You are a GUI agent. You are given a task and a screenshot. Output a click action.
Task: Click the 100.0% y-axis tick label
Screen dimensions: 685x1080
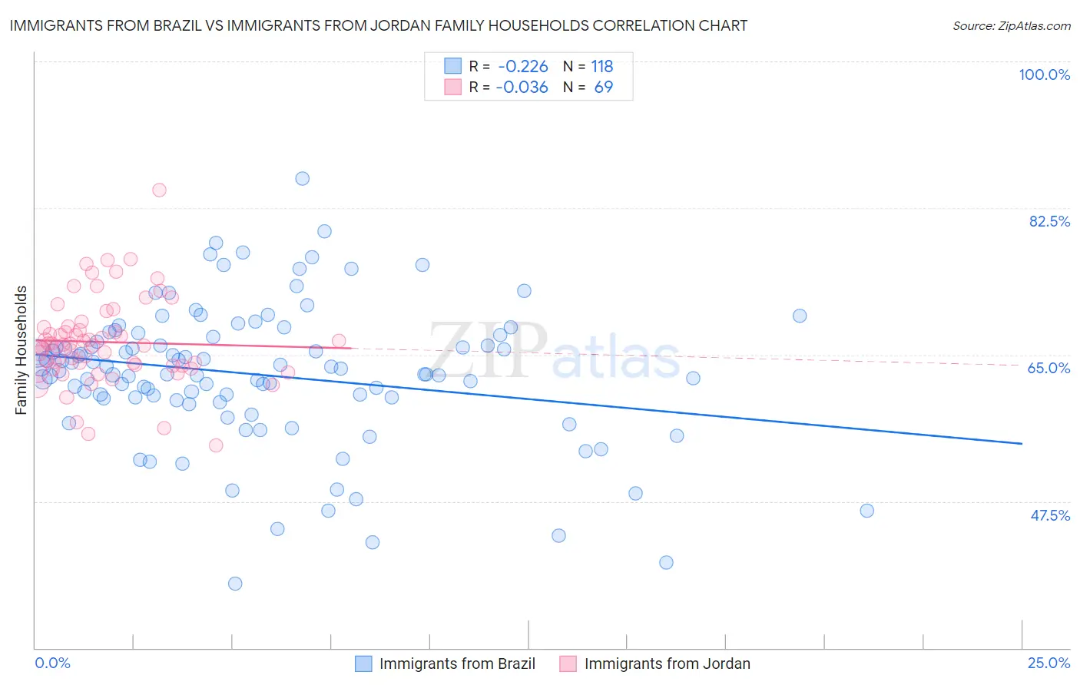(1044, 74)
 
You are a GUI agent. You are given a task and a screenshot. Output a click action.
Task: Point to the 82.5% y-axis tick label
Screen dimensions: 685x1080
(1049, 221)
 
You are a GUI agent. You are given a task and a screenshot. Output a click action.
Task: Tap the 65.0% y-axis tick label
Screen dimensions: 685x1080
(1049, 368)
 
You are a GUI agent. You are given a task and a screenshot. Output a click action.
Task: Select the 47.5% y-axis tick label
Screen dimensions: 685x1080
(1049, 515)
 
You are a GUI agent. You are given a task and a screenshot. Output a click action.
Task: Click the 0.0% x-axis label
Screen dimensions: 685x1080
(52, 663)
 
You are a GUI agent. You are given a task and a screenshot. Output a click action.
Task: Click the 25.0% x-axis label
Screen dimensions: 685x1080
(1049, 663)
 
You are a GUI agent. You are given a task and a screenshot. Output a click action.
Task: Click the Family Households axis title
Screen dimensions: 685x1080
(22, 350)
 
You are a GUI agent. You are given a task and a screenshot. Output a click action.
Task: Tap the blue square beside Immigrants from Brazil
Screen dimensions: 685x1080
(363, 663)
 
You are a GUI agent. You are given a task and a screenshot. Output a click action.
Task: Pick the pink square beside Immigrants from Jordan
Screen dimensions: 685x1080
(568, 663)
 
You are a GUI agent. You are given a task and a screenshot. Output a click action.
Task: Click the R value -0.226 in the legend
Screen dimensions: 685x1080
(522, 66)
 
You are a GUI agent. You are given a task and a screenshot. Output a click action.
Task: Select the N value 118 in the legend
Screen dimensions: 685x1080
(602, 66)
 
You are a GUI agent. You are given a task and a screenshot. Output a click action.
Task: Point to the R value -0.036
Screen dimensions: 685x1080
(522, 87)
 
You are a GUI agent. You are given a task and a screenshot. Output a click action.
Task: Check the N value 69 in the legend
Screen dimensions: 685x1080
(604, 87)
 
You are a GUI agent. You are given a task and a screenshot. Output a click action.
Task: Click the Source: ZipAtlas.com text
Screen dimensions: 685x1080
(1011, 26)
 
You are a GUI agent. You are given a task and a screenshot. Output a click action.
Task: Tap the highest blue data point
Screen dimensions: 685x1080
(303, 178)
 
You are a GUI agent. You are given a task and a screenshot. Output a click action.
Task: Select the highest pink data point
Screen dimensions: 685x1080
(159, 190)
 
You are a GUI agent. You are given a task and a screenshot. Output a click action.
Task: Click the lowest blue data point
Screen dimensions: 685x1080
(235, 584)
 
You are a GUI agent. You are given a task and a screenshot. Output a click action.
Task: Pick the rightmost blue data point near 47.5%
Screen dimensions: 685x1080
(867, 511)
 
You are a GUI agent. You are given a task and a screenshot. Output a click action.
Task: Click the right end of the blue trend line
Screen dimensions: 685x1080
(1022, 444)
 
